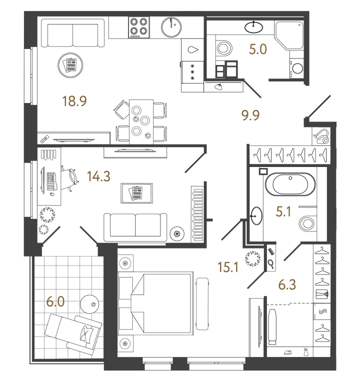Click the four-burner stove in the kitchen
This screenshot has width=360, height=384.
tap(139, 27)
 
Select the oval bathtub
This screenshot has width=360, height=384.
tap(290, 185)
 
